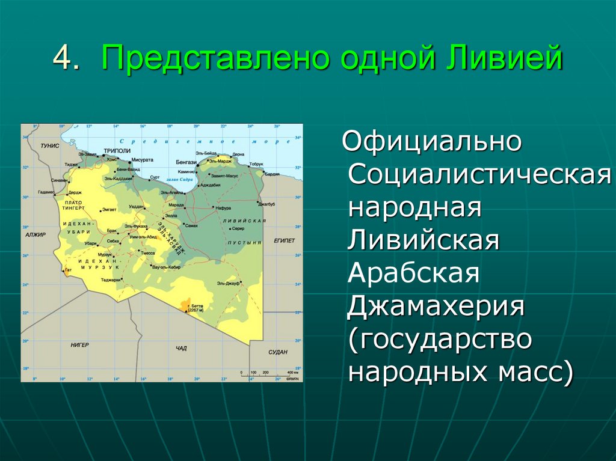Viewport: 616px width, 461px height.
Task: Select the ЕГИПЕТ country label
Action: pyautogui.click(x=284, y=240)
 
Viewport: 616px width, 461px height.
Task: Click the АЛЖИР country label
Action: pyautogui.click(x=35, y=235)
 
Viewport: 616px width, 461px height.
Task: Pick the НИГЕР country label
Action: pyautogui.click(x=79, y=345)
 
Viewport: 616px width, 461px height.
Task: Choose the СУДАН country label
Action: pyautogui.click(x=277, y=352)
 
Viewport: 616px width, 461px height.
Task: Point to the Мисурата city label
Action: pyautogui.click(x=142, y=160)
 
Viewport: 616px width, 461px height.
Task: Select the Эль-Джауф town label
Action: pyautogui.click(x=229, y=282)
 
